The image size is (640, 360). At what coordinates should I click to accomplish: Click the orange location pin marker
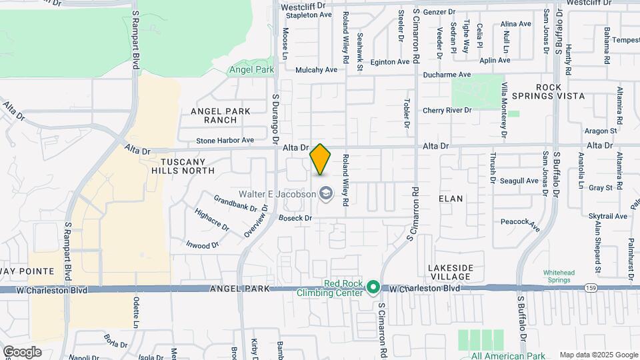click(x=321, y=159)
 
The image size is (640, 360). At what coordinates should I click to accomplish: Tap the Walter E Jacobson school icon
click(x=325, y=194)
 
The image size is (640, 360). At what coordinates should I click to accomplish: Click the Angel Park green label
click(x=251, y=69)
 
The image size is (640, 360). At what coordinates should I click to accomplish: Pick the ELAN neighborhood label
click(x=451, y=199)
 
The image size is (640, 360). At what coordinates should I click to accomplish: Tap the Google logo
click(x=22, y=351)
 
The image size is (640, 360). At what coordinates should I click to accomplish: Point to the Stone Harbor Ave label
click(x=225, y=141)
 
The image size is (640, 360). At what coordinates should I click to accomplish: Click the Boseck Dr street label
click(x=295, y=218)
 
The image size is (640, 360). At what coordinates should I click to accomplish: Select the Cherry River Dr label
click(x=447, y=111)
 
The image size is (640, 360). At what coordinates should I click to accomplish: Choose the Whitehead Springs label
click(x=559, y=277)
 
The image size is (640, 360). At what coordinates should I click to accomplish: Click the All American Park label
click(x=508, y=355)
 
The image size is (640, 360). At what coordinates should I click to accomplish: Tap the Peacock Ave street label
click(x=519, y=224)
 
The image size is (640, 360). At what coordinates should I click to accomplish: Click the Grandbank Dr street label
click(x=235, y=203)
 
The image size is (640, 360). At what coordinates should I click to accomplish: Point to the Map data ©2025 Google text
click(x=598, y=355)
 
